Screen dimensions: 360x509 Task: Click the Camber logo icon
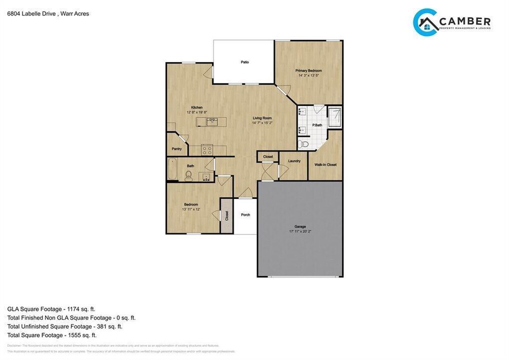[x=425, y=22]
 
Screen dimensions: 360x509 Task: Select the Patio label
[x=244, y=62]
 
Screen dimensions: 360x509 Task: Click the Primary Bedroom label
[x=308, y=70]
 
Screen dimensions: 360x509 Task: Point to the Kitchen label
[x=196, y=107]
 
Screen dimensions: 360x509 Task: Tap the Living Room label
[x=261, y=118]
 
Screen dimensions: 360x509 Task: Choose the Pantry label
[x=176, y=148]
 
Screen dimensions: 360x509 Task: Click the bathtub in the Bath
[x=172, y=169]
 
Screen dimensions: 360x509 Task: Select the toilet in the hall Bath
[x=188, y=175]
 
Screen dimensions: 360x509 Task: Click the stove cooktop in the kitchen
[x=207, y=148]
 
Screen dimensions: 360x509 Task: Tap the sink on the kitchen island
[x=211, y=121]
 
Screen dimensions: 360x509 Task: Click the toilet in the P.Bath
[x=303, y=144]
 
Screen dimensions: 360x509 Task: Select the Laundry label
[x=294, y=161]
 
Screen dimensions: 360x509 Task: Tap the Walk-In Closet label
[x=325, y=164]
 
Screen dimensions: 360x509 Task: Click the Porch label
[x=245, y=215]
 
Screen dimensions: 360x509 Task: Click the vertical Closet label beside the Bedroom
[x=226, y=215]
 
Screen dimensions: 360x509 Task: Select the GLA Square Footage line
[x=51, y=309]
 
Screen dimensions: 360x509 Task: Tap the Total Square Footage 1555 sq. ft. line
[x=51, y=335]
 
